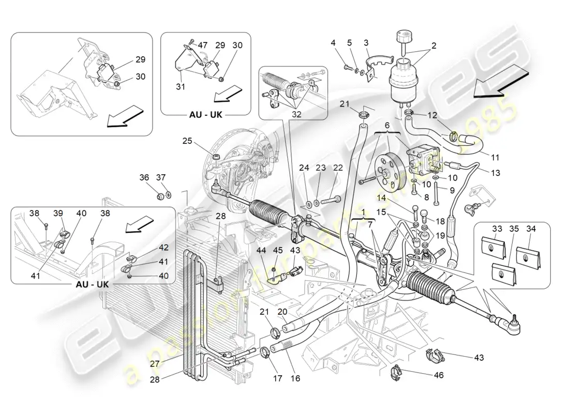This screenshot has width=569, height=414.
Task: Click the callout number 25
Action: click(187, 140)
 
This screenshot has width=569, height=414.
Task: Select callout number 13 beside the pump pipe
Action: click(496, 173)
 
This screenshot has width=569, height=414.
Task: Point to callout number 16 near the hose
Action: click(295, 378)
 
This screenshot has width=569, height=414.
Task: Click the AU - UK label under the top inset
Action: click(205, 114)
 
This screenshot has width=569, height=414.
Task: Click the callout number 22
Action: click(338, 168)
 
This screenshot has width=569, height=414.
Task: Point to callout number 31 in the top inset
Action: click(180, 87)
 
